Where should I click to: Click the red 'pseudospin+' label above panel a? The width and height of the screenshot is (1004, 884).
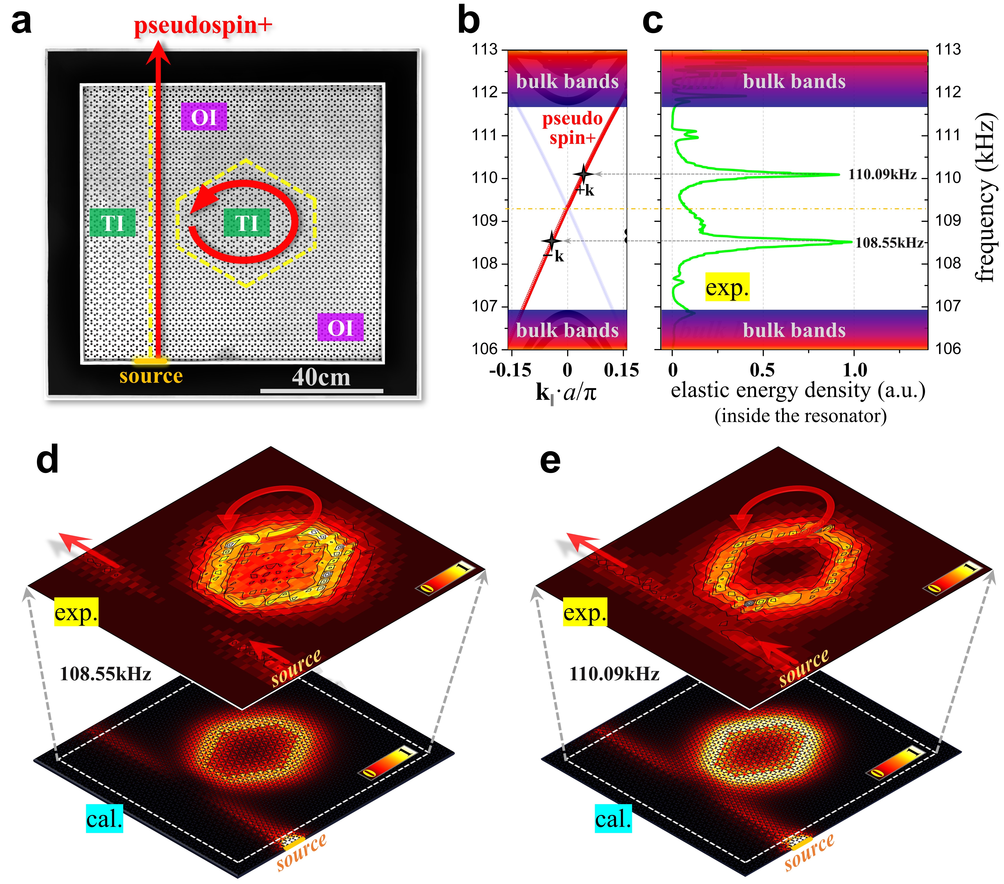click(203, 26)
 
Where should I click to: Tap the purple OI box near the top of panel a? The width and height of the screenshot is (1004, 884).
click(204, 117)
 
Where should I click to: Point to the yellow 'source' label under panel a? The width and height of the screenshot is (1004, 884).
click(151, 376)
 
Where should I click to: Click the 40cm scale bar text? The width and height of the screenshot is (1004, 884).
click(321, 377)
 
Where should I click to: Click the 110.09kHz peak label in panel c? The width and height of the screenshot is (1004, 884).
click(882, 174)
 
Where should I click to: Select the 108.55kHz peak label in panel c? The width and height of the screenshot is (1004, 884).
click(889, 243)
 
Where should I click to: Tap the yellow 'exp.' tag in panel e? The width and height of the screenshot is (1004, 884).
click(585, 612)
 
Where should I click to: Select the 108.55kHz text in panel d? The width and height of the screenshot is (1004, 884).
click(105, 674)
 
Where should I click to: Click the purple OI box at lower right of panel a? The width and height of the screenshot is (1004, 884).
click(340, 328)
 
